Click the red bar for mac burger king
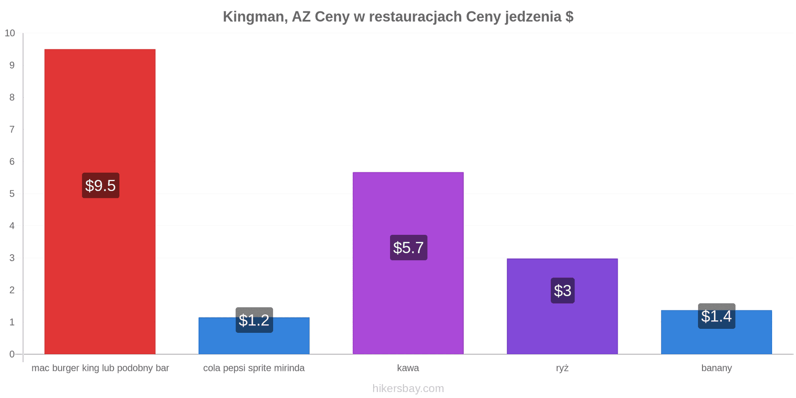coord(100,201)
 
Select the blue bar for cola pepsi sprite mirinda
coord(254,336)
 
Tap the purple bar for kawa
coord(408,263)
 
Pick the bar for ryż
coord(562,306)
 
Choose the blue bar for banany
coord(716,332)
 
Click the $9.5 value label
coord(100,186)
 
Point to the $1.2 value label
coord(254,320)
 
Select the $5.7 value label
coord(408,248)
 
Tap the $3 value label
coord(563,291)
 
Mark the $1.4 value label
coord(716,316)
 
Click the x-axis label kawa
coord(408,368)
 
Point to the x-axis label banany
coord(716,368)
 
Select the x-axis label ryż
coord(562,368)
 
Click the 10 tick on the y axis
coord(10,33)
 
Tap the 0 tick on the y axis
coord(12,354)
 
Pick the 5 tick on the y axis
coord(12,194)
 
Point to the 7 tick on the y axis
coord(12,129)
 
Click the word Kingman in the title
coord(255,17)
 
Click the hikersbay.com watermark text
coord(408,389)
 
